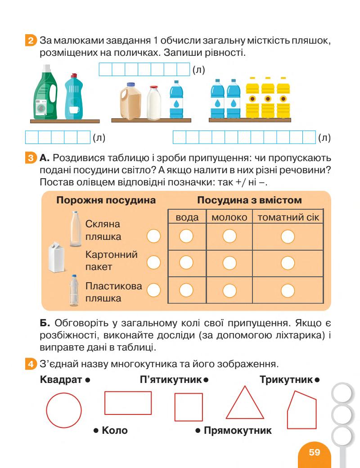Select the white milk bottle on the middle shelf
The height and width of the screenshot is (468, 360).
point(154,101)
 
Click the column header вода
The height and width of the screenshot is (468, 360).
point(187,217)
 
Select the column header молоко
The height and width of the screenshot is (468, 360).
point(229,217)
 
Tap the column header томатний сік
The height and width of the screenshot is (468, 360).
point(288,217)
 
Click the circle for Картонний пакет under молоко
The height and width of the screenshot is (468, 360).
point(229,262)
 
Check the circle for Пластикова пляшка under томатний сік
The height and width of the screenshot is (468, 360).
point(288,290)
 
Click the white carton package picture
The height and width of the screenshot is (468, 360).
point(57,257)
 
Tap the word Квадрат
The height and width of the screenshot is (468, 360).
point(60,380)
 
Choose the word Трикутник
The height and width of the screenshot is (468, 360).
point(286,380)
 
